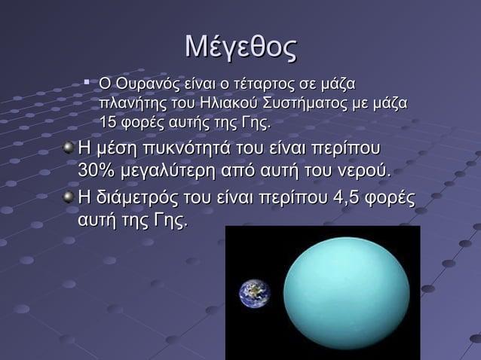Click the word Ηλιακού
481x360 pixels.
225,102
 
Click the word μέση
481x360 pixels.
112,148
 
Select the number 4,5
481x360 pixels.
339,199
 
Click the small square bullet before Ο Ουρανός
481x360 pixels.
87,78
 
